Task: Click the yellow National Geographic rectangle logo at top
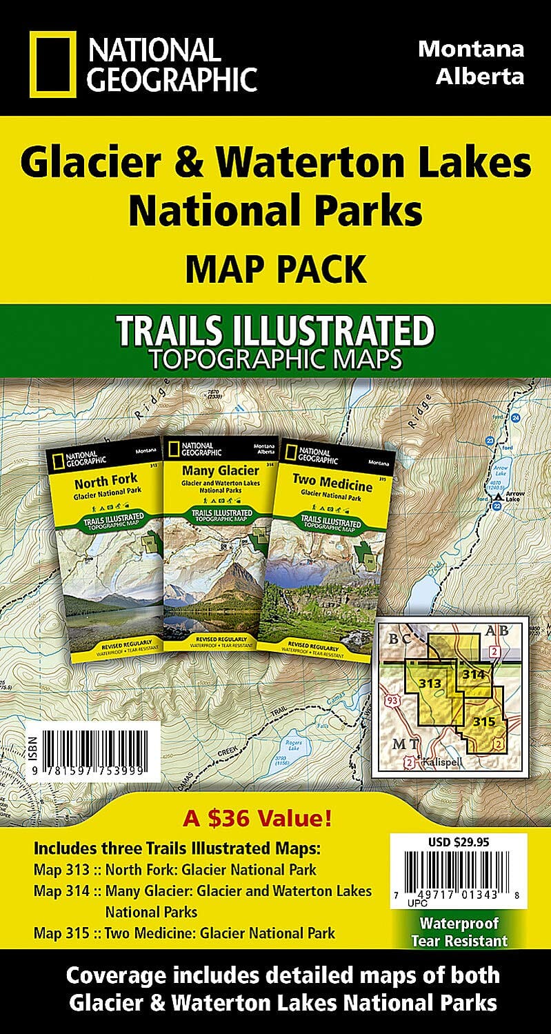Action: tap(52, 64)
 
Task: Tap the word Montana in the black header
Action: tap(472, 50)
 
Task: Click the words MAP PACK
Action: tap(274, 270)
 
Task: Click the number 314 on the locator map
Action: tap(474, 674)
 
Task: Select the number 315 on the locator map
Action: tap(485, 722)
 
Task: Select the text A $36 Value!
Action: tap(258, 819)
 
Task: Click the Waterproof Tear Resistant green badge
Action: tap(459, 932)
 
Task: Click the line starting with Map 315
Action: tap(184, 933)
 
